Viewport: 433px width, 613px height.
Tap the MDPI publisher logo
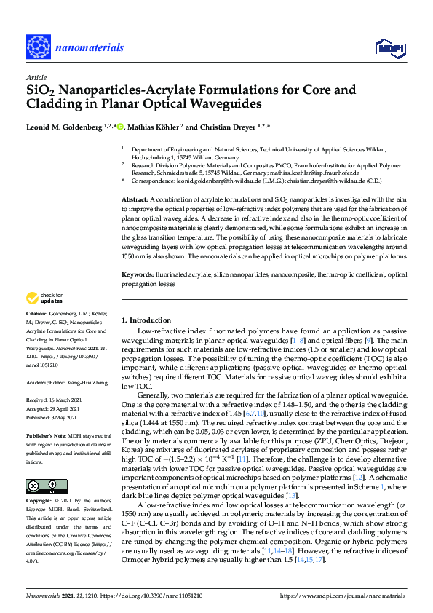[x=390, y=48]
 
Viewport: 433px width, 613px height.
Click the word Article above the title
[x=36, y=77]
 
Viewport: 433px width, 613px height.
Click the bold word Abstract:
[x=135, y=199]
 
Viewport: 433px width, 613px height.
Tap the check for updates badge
[x=44, y=298]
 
